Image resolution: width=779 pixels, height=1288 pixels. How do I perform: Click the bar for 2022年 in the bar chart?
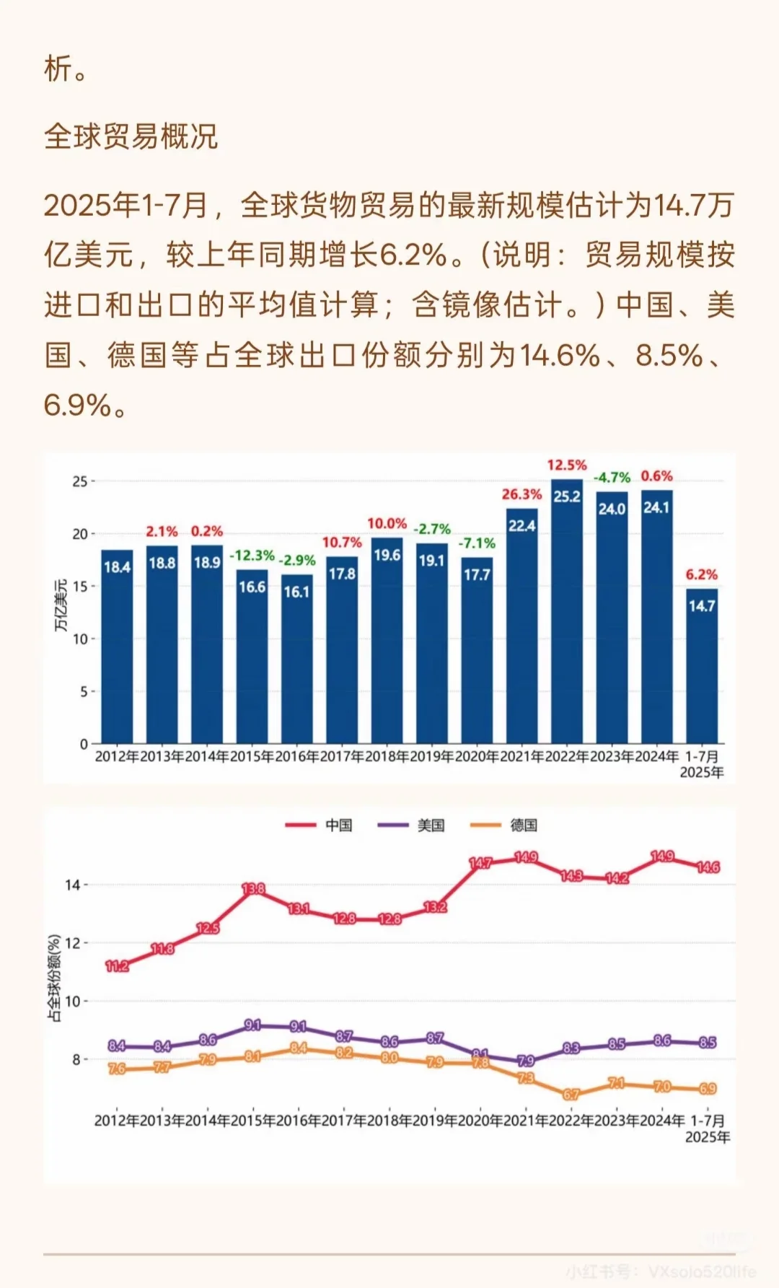pyautogui.click(x=567, y=613)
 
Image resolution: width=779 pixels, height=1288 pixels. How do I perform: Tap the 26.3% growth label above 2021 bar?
pyautogui.click(x=521, y=494)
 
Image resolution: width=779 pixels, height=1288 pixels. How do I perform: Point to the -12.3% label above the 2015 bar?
pyautogui.click(x=252, y=556)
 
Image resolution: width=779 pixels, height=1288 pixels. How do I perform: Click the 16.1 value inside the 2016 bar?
pyautogui.click(x=296, y=592)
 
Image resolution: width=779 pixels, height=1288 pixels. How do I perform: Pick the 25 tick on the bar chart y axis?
pyautogui.click(x=79, y=481)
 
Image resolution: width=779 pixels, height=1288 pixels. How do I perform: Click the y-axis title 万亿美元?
pyautogui.click(x=61, y=605)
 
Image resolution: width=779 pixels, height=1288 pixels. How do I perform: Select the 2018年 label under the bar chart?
pyautogui.click(x=387, y=757)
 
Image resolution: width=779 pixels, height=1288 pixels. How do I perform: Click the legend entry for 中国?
pyautogui.click(x=320, y=825)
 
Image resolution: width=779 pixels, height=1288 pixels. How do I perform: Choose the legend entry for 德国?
pyautogui.click(x=504, y=825)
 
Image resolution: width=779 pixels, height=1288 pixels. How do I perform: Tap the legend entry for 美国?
pyautogui.click(x=412, y=825)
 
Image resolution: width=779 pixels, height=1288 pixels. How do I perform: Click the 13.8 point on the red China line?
pyautogui.click(x=253, y=889)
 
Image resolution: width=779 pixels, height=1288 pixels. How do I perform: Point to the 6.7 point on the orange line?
pyautogui.click(x=571, y=1094)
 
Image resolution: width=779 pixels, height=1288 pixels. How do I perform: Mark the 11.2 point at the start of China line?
pyautogui.click(x=117, y=966)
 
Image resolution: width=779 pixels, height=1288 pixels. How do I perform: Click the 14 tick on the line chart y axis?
pyautogui.click(x=72, y=885)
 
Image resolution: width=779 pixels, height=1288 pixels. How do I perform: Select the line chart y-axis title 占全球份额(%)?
pyautogui.click(x=54, y=978)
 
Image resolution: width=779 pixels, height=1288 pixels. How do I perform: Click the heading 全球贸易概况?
pyautogui.click(x=131, y=136)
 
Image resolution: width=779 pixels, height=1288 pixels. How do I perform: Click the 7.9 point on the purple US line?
pyautogui.click(x=526, y=1061)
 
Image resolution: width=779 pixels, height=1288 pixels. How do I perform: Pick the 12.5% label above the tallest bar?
pyautogui.click(x=566, y=465)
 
